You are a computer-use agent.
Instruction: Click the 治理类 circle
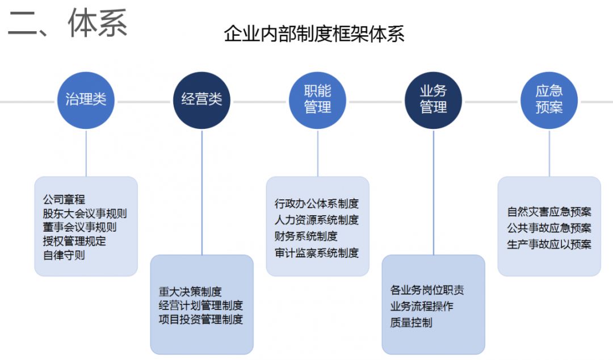(x=86, y=100)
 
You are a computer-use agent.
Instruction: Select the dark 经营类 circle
(x=201, y=100)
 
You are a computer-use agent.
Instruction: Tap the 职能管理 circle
(x=317, y=100)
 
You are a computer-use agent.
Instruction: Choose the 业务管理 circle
(x=433, y=100)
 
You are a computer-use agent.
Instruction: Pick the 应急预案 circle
(x=549, y=100)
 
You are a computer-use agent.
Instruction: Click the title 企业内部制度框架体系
(x=314, y=34)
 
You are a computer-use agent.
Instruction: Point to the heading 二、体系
(x=67, y=24)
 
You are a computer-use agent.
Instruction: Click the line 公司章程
(x=64, y=199)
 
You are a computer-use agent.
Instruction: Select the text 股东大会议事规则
(x=85, y=214)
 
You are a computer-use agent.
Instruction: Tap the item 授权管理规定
(x=74, y=241)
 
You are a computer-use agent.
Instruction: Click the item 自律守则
(x=64, y=255)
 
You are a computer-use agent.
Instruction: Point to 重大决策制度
(x=190, y=292)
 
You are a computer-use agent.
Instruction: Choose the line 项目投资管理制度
(x=201, y=319)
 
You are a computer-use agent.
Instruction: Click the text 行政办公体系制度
(x=317, y=203)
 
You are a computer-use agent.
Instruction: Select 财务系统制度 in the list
(x=306, y=236)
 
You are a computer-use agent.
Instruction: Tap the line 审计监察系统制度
(x=317, y=253)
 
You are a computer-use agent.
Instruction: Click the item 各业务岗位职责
(x=427, y=290)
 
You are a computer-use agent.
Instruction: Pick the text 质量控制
(x=411, y=323)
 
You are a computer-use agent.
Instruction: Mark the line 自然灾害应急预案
(x=549, y=212)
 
